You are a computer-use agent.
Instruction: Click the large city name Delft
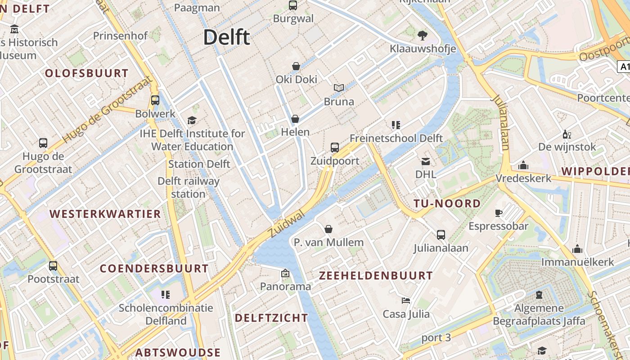226,37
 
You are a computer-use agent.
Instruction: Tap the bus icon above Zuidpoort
335,147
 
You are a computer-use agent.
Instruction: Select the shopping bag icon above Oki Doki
296,66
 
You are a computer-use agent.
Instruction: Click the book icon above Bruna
338,88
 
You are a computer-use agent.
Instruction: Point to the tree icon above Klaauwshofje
422,35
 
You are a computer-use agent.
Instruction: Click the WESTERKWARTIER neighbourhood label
105,214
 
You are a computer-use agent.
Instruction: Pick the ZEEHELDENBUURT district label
376,275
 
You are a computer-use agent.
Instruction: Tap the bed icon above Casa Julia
406,300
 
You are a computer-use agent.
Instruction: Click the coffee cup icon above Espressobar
498,213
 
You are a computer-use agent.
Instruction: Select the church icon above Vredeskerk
523,165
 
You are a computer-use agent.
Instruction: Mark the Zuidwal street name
286,224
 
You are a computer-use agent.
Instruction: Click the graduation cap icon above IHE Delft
192,120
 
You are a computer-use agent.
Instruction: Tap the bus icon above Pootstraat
53,265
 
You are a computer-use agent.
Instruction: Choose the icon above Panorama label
285,273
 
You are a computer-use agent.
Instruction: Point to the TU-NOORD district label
447,203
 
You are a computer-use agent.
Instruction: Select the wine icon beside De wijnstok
567,134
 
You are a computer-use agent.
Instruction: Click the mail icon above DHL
425,161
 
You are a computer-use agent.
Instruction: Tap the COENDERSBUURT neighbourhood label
154,269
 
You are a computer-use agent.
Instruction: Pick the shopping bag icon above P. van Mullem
328,229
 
